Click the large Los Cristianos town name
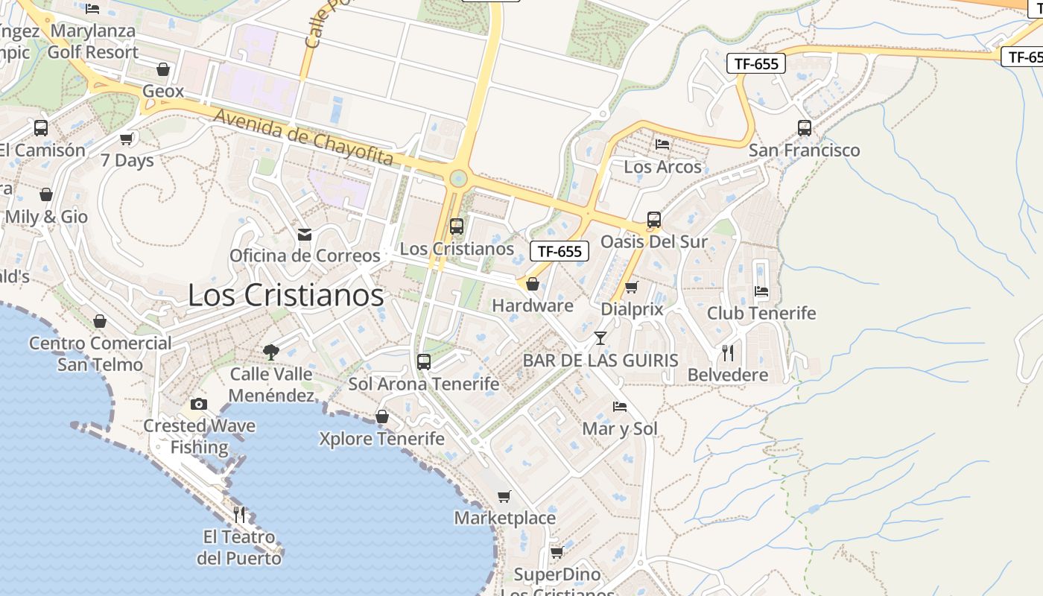[x=285, y=295]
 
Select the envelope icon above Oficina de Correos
[x=305, y=235]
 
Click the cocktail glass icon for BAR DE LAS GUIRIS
[x=600, y=339]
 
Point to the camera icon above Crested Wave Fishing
[x=199, y=405]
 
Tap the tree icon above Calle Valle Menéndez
[x=271, y=352]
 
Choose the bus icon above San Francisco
[x=805, y=128]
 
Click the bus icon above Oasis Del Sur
[x=654, y=220]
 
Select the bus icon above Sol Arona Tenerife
[x=424, y=362]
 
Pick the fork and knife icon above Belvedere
[x=728, y=352]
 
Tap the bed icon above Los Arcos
[x=662, y=145]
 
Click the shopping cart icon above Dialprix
[x=632, y=287]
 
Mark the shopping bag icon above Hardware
[x=533, y=284]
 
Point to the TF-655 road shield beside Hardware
[x=559, y=251]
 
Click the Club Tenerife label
[x=761, y=313]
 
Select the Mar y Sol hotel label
[x=620, y=428]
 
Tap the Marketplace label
[x=505, y=518]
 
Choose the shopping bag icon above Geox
[x=163, y=70]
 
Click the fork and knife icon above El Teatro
[x=239, y=514]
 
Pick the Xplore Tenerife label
[x=381, y=439]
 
